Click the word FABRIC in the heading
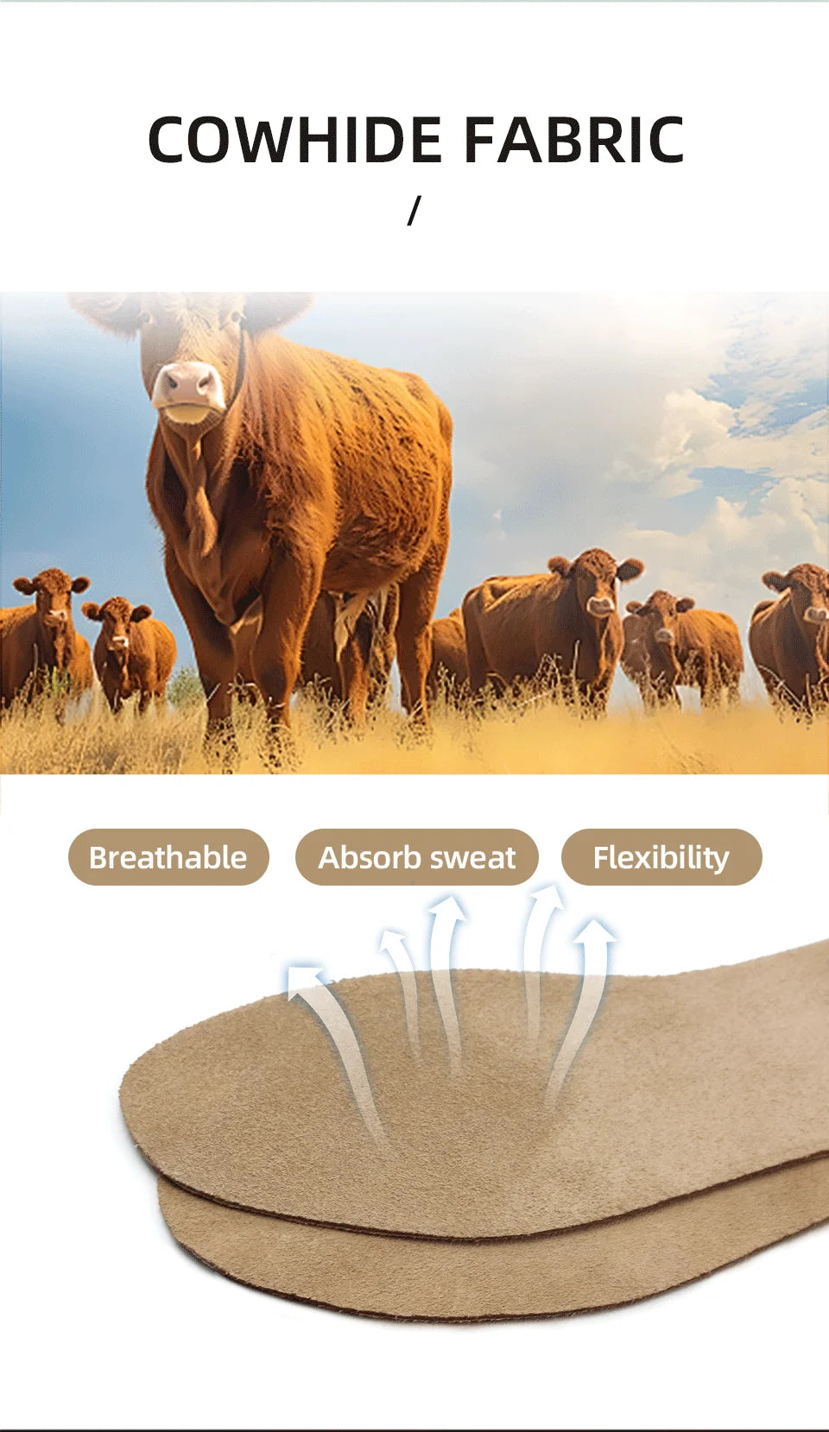tap(574, 139)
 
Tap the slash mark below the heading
tap(414, 211)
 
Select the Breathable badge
tap(168, 857)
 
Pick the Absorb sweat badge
tap(416, 857)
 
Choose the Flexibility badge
tap(661, 857)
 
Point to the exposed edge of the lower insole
tap(448, 1285)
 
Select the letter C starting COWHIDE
tap(168, 139)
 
